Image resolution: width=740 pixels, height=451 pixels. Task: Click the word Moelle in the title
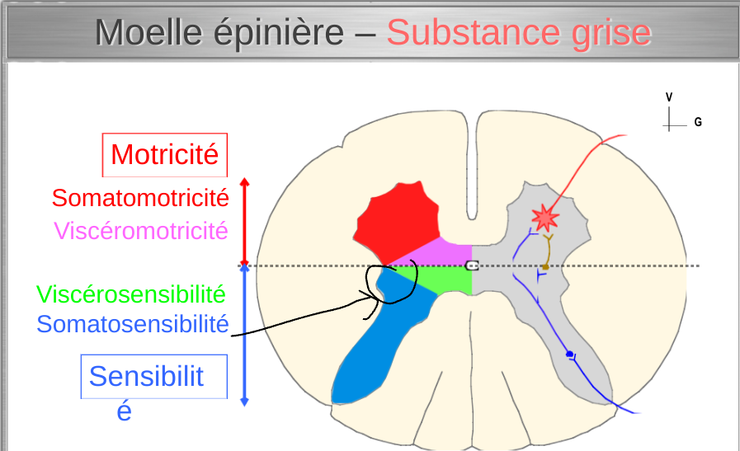click(x=148, y=32)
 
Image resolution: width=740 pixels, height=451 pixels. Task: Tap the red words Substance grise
click(x=518, y=32)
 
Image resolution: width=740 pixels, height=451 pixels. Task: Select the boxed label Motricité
click(x=164, y=154)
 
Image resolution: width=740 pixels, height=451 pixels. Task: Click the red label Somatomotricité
click(x=139, y=198)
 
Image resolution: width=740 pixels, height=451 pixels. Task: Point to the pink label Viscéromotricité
click(x=140, y=230)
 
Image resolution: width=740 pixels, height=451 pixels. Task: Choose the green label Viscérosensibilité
click(x=130, y=294)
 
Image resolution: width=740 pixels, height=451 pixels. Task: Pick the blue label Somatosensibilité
click(x=132, y=324)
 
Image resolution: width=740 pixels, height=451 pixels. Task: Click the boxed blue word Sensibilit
click(x=146, y=376)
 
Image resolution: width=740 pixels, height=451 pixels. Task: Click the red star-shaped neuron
click(x=544, y=218)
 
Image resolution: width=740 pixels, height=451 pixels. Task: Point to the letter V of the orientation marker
click(x=669, y=97)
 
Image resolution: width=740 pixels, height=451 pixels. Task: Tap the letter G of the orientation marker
click(x=698, y=122)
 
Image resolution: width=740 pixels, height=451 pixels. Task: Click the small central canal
click(x=472, y=265)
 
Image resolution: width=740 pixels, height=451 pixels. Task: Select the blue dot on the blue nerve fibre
click(x=569, y=355)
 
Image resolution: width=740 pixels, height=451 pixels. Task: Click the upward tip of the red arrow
click(x=243, y=180)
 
